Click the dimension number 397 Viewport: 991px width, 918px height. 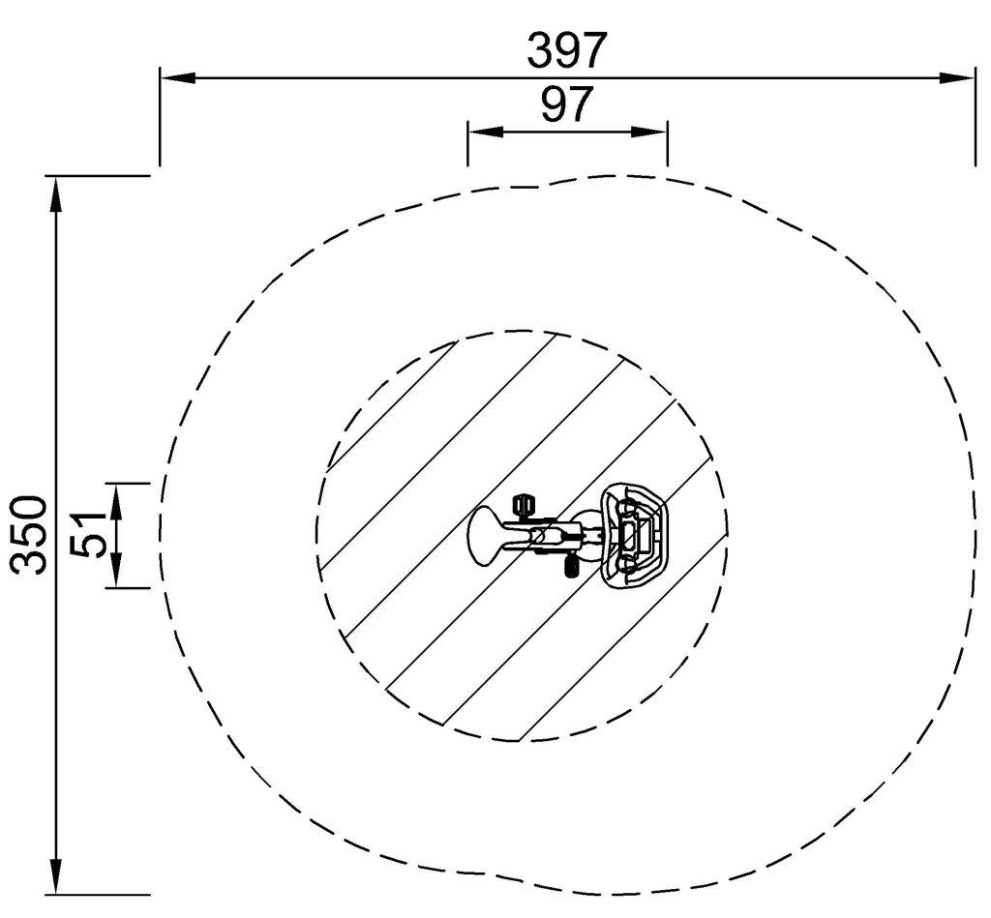tap(566, 50)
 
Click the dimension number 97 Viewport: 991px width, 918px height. tap(567, 104)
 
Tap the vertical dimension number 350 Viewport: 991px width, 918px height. tap(29, 535)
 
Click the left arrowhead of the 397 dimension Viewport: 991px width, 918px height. tap(177, 77)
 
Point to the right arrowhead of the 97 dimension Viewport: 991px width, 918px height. tap(649, 132)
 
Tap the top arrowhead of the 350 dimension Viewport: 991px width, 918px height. tap(56, 193)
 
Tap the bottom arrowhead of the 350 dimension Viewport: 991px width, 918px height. tap(56, 876)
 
